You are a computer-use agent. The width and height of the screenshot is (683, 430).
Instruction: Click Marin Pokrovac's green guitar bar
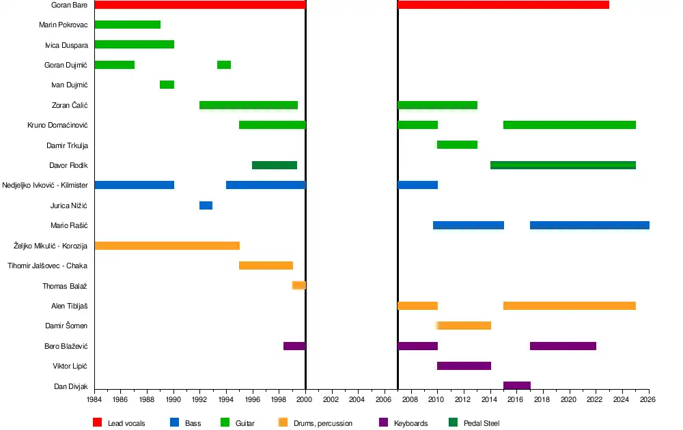128,25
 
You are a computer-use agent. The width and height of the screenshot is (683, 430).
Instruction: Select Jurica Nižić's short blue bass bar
206,205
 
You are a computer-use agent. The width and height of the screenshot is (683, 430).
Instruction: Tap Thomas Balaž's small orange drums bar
299,285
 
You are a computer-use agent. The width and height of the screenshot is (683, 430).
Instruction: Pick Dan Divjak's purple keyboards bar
517,386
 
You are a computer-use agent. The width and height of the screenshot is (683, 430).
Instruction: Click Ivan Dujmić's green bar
167,85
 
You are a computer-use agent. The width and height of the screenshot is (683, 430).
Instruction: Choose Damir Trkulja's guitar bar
457,145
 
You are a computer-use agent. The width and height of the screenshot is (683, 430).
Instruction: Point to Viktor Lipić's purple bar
464,366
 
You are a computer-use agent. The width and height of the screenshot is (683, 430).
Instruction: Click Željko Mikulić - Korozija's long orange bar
167,246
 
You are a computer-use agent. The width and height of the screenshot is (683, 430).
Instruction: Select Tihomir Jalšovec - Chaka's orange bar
266,266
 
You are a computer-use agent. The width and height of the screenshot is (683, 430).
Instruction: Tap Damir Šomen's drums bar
464,326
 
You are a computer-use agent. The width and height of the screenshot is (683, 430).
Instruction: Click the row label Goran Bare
69,5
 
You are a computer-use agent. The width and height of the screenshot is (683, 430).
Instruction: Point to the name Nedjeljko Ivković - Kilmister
45,186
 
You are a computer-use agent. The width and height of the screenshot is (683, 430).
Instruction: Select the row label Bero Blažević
66,346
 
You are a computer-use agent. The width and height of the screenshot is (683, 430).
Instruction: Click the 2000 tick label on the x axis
305,400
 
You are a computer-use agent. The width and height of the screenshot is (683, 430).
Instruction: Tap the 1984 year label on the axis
94,400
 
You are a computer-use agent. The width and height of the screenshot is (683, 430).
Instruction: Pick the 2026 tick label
648,400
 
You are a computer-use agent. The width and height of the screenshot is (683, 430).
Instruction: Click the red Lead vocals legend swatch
97,423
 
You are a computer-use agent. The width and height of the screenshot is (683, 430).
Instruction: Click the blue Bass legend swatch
174,423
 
